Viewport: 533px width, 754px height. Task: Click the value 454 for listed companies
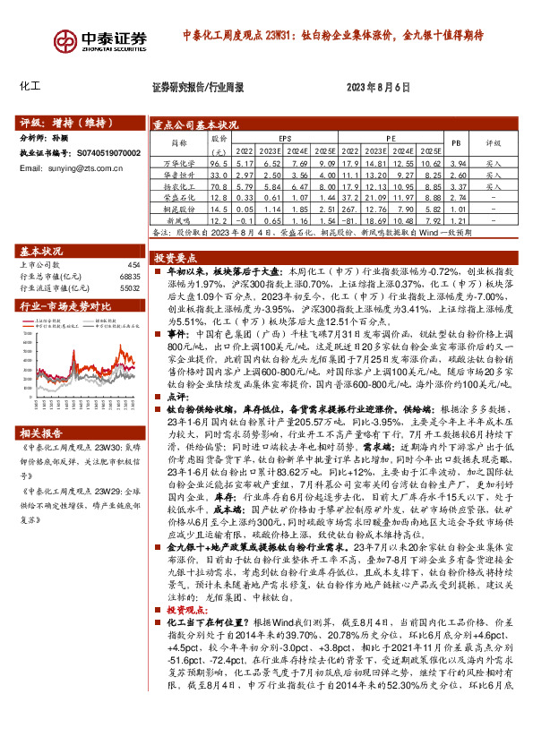pos(133,266)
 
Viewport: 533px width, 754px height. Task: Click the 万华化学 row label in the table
pos(179,165)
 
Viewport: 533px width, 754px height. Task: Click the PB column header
pos(455,143)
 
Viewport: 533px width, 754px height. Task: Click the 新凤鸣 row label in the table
pos(179,220)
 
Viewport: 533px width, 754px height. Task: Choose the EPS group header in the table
pos(285,139)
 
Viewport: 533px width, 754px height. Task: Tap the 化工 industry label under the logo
pos(30,87)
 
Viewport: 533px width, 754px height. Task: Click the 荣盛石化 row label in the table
pos(179,198)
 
